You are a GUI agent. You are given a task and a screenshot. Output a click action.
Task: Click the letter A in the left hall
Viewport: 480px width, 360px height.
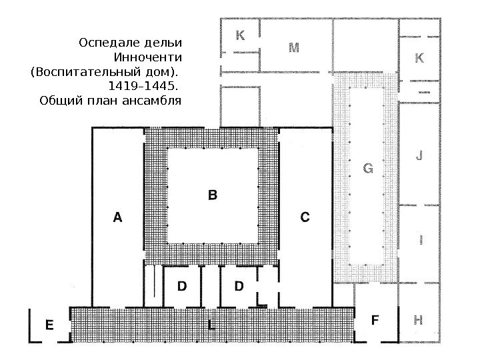pyautogui.click(x=118, y=217)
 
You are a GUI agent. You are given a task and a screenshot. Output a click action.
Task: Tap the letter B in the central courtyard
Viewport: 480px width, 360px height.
pyautogui.click(x=213, y=195)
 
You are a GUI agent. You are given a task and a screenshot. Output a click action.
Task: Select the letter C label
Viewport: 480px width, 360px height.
pyautogui.click(x=305, y=217)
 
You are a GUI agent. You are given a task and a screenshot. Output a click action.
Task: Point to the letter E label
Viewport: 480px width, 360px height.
pyautogui.click(x=49, y=325)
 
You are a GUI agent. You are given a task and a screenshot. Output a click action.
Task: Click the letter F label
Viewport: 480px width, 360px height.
pyautogui.click(x=375, y=320)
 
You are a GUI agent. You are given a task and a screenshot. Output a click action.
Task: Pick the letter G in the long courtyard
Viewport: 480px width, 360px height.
pyautogui.click(x=367, y=169)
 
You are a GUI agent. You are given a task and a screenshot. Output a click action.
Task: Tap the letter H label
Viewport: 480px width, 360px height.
pyautogui.click(x=418, y=319)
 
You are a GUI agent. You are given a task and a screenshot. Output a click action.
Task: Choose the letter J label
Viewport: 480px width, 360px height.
pyautogui.click(x=419, y=157)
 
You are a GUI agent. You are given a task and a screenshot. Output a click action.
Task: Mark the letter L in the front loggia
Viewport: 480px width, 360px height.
pyautogui.click(x=211, y=325)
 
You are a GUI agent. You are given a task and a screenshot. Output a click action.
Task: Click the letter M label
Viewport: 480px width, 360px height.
pyautogui.click(x=293, y=47)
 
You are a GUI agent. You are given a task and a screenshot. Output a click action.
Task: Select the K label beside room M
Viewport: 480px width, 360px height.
pyautogui.click(x=240, y=35)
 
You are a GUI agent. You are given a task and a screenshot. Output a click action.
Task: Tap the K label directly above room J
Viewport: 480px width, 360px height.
pyautogui.click(x=419, y=59)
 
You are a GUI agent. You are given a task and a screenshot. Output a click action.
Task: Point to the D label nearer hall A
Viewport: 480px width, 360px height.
pyautogui.click(x=182, y=287)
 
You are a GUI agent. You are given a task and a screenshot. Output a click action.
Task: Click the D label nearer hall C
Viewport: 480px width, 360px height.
pyautogui.click(x=239, y=287)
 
